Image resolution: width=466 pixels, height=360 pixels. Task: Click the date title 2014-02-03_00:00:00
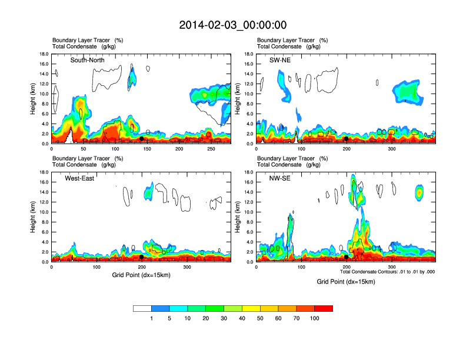click(232, 25)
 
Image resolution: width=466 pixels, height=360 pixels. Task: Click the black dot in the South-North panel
click(142, 138)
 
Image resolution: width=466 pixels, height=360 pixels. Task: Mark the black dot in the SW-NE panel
click(347, 139)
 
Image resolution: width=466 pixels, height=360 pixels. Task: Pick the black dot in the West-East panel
click(142, 256)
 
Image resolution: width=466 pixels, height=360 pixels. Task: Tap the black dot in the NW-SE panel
click(347, 256)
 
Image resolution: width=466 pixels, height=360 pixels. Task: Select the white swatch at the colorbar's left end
click(142, 308)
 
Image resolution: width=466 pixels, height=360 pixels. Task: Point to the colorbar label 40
click(242, 318)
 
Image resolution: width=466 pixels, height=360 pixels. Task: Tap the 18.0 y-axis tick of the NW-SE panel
click(248, 172)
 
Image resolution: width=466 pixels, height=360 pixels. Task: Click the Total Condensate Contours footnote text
click(387, 272)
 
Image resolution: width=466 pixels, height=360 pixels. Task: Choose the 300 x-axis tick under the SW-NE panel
click(392, 148)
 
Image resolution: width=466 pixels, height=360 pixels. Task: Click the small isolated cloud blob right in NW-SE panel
click(420, 192)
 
